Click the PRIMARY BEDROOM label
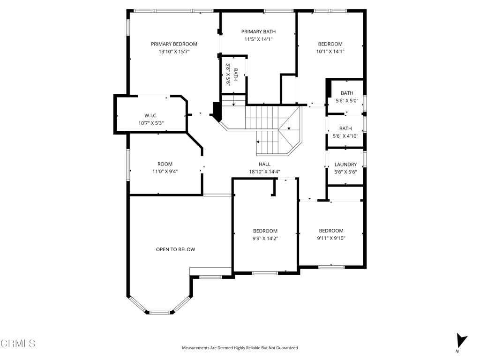(x=174, y=44)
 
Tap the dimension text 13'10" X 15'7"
(x=174, y=52)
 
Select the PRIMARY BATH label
(x=258, y=31)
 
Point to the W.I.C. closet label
(x=151, y=116)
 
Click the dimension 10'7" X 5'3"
(x=151, y=123)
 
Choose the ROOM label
(x=165, y=164)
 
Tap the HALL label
(x=264, y=165)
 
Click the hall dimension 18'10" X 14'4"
(x=264, y=172)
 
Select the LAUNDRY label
(x=345, y=165)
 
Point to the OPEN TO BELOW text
(x=175, y=249)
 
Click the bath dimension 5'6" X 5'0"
(x=347, y=101)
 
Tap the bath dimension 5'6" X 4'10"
(x=345, y=136)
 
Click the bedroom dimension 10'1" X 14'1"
(x=330, y=52)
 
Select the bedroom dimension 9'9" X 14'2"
(x=265, y=239)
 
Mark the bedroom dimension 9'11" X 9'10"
(x=331, y=238)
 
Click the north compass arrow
(x=461, y=340)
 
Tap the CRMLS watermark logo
(x=18, y=344)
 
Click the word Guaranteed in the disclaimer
(x=287, y=348)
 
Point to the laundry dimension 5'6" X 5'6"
(x=345, y=172)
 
